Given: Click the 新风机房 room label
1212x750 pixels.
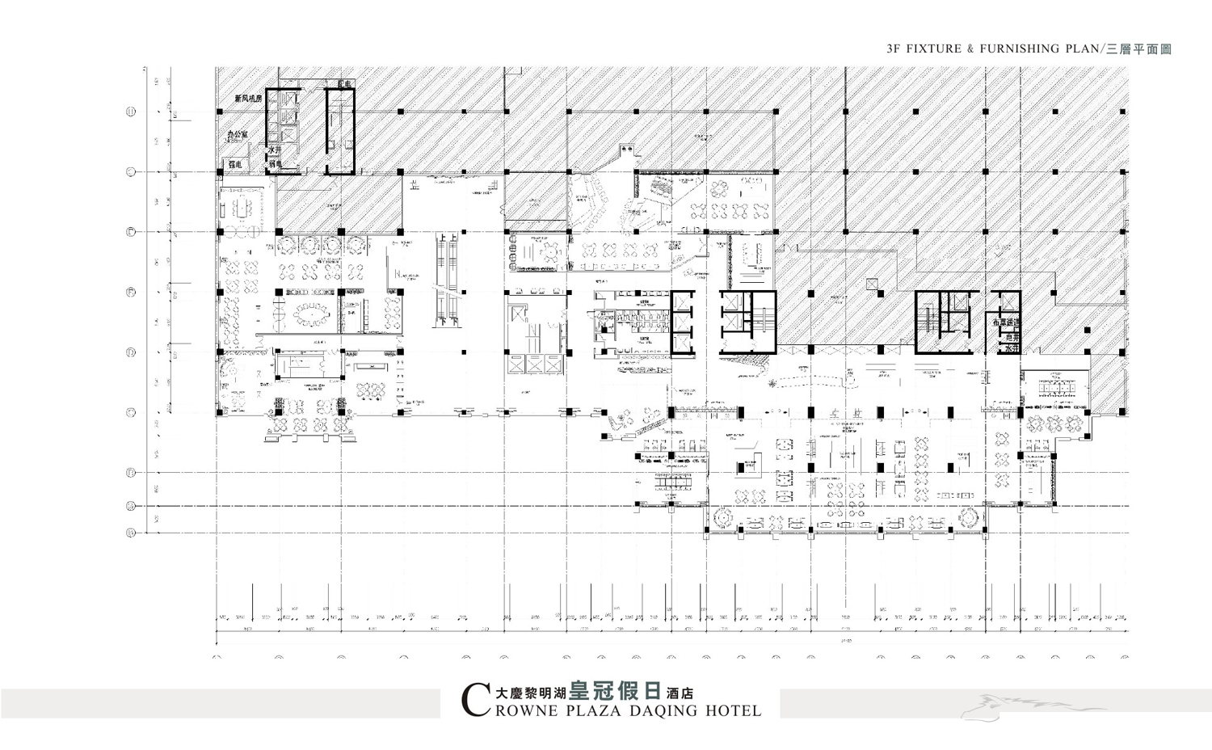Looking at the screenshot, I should pos(249,99).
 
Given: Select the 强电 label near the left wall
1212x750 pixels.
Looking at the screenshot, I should pos(235,164).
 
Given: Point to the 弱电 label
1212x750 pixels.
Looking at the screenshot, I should pos(275,165).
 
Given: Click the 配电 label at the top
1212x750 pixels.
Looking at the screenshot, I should pos(345,85).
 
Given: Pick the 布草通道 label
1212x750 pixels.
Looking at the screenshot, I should pos(1007,322).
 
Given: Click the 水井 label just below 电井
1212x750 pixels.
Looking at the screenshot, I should pos(1010,349).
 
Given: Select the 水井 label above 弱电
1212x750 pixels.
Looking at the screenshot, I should pos(275,150).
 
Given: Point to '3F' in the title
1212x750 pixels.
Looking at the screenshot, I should pos(893,48).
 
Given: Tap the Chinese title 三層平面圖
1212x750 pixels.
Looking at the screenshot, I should pos(1138,49).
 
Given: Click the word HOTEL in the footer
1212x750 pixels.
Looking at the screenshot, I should pos(734,711).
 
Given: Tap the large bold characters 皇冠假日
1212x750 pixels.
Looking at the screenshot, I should pos(615,691).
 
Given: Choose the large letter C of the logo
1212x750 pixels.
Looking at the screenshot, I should pos(474,701).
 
